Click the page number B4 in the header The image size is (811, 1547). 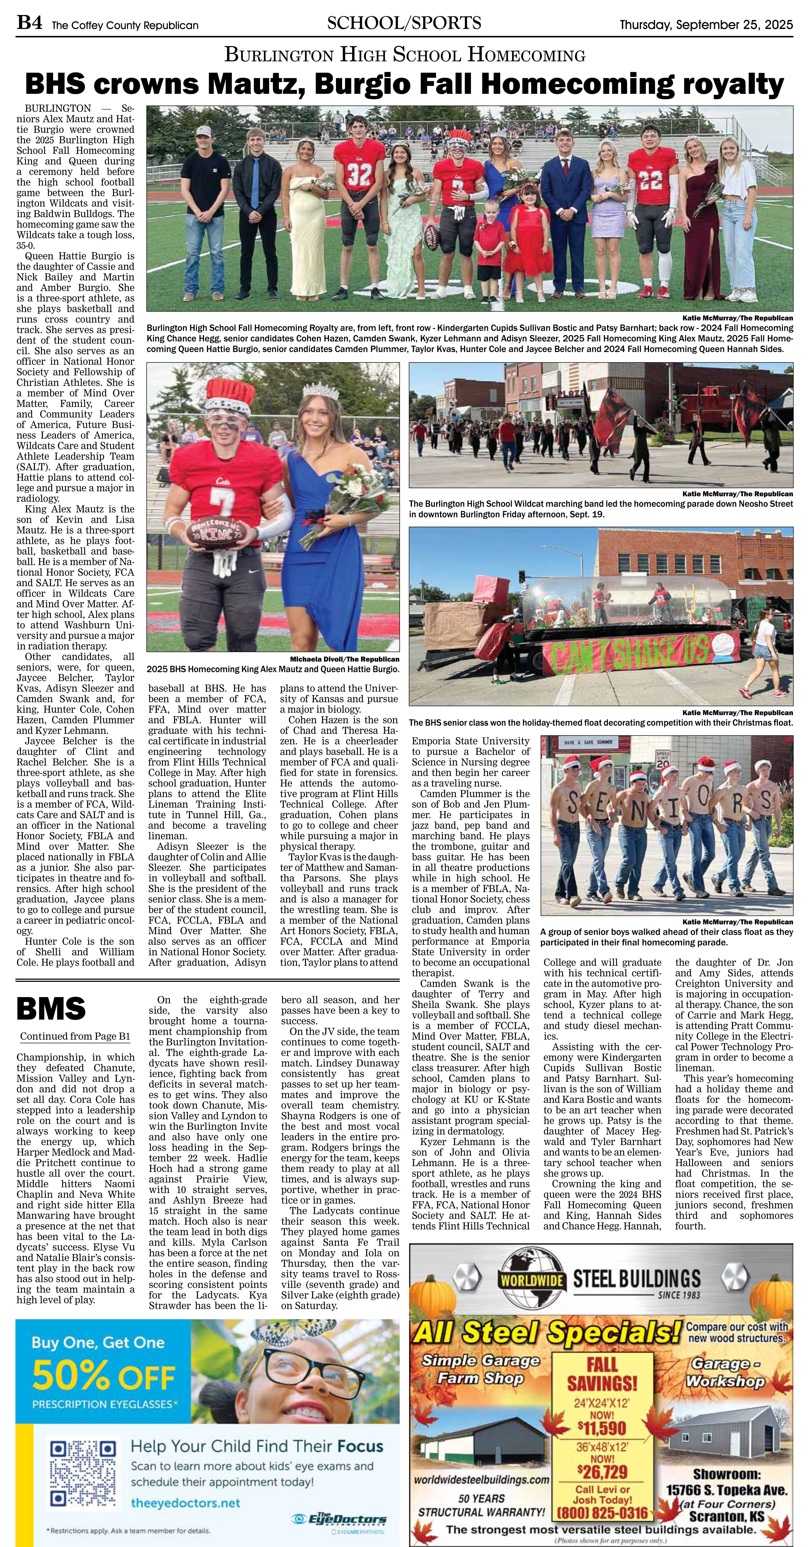29,24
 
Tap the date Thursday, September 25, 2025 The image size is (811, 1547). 706,25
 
